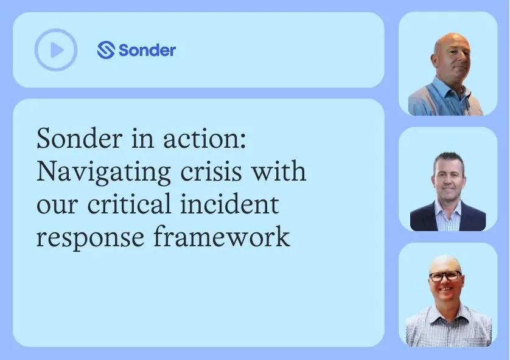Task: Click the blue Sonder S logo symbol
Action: (x=106, y=50)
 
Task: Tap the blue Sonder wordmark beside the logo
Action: (x=147, y=50)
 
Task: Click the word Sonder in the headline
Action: (x=79, y=139)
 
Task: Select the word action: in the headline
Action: (x=204, y=139)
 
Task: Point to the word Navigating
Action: (x=103, y=173)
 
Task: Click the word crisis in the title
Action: (x=211, y=171)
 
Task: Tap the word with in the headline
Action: (x=279, y=171)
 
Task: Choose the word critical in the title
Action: (x=129, y=204)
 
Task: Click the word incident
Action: (x=229, y=204)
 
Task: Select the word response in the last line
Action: (x=90, y=239)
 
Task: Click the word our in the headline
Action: (x=57, y=207)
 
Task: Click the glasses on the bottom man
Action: (x=445, y=277)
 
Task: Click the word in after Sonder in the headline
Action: (x=142, y=139)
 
